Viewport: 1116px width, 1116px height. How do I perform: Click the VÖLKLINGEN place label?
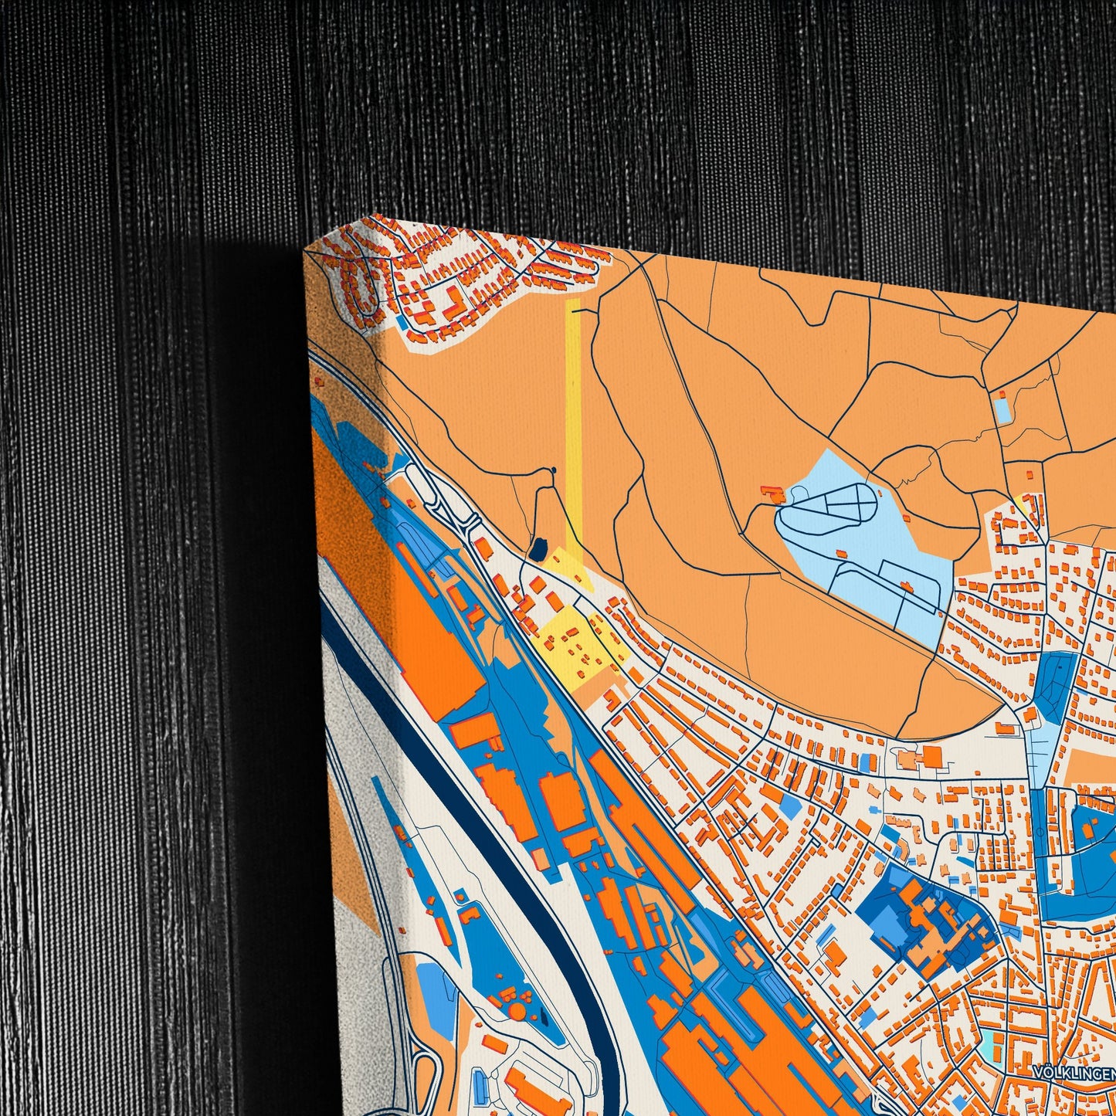point(1074,1073)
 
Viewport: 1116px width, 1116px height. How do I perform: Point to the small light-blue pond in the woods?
point(1002,410)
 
